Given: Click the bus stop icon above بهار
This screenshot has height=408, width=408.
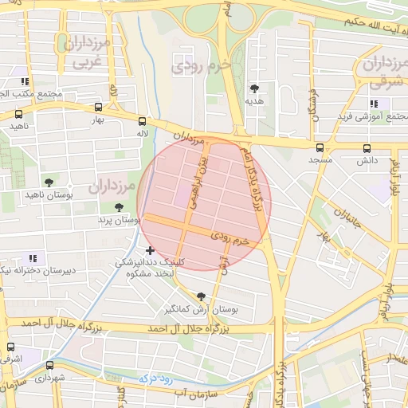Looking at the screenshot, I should pos(98,107).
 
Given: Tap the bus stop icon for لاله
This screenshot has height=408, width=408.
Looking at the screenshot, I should pos(143,121).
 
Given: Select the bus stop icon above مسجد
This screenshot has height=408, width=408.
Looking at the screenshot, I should pos(320,147).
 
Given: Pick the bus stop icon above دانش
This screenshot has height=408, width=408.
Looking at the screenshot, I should pos(367,147).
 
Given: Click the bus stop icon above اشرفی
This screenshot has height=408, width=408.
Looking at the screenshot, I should pos(10,347).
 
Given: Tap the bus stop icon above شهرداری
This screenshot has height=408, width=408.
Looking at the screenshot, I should pos(49,365).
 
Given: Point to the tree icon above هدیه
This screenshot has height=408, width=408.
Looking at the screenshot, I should pos(254,88).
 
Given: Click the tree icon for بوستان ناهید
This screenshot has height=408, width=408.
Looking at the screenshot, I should pos(49,182).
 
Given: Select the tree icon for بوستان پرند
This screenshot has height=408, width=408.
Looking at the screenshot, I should pos(119,207).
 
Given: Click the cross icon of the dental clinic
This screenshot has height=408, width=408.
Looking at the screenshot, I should pos(150,250).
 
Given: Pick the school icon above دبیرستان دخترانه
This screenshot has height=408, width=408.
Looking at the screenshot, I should pos(33,257).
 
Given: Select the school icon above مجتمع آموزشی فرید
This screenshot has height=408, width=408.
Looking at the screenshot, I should pos(374,104).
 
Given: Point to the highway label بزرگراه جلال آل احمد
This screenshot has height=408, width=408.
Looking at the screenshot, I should pos(189,328).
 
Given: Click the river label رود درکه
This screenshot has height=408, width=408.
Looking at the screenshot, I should pos(156,380).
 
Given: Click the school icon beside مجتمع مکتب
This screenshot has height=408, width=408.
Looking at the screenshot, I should pos(26,81).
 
